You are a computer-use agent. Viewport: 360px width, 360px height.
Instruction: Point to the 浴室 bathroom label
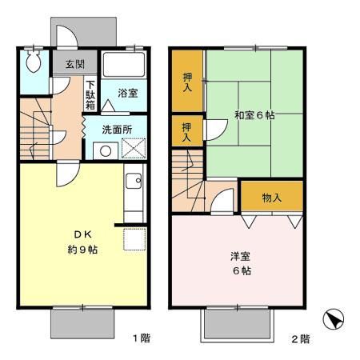(128, 93)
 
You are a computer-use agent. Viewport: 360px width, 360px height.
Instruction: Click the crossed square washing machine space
(133, 150)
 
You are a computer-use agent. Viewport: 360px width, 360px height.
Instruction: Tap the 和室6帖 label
(255, 115)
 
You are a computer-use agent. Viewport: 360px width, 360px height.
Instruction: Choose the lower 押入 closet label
(186, 132)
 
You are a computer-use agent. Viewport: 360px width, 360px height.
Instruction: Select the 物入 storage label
(272, 197)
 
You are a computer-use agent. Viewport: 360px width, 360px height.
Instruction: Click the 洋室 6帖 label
(241, 263)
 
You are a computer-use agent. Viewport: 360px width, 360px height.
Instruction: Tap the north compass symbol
(333, 320)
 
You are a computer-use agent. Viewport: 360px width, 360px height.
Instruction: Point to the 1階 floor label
(141, 338)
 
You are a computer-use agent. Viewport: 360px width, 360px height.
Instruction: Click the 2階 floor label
(299, 338)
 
